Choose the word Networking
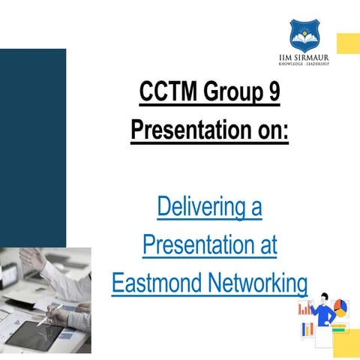coord(259,283)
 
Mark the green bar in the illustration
coord(339,329)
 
